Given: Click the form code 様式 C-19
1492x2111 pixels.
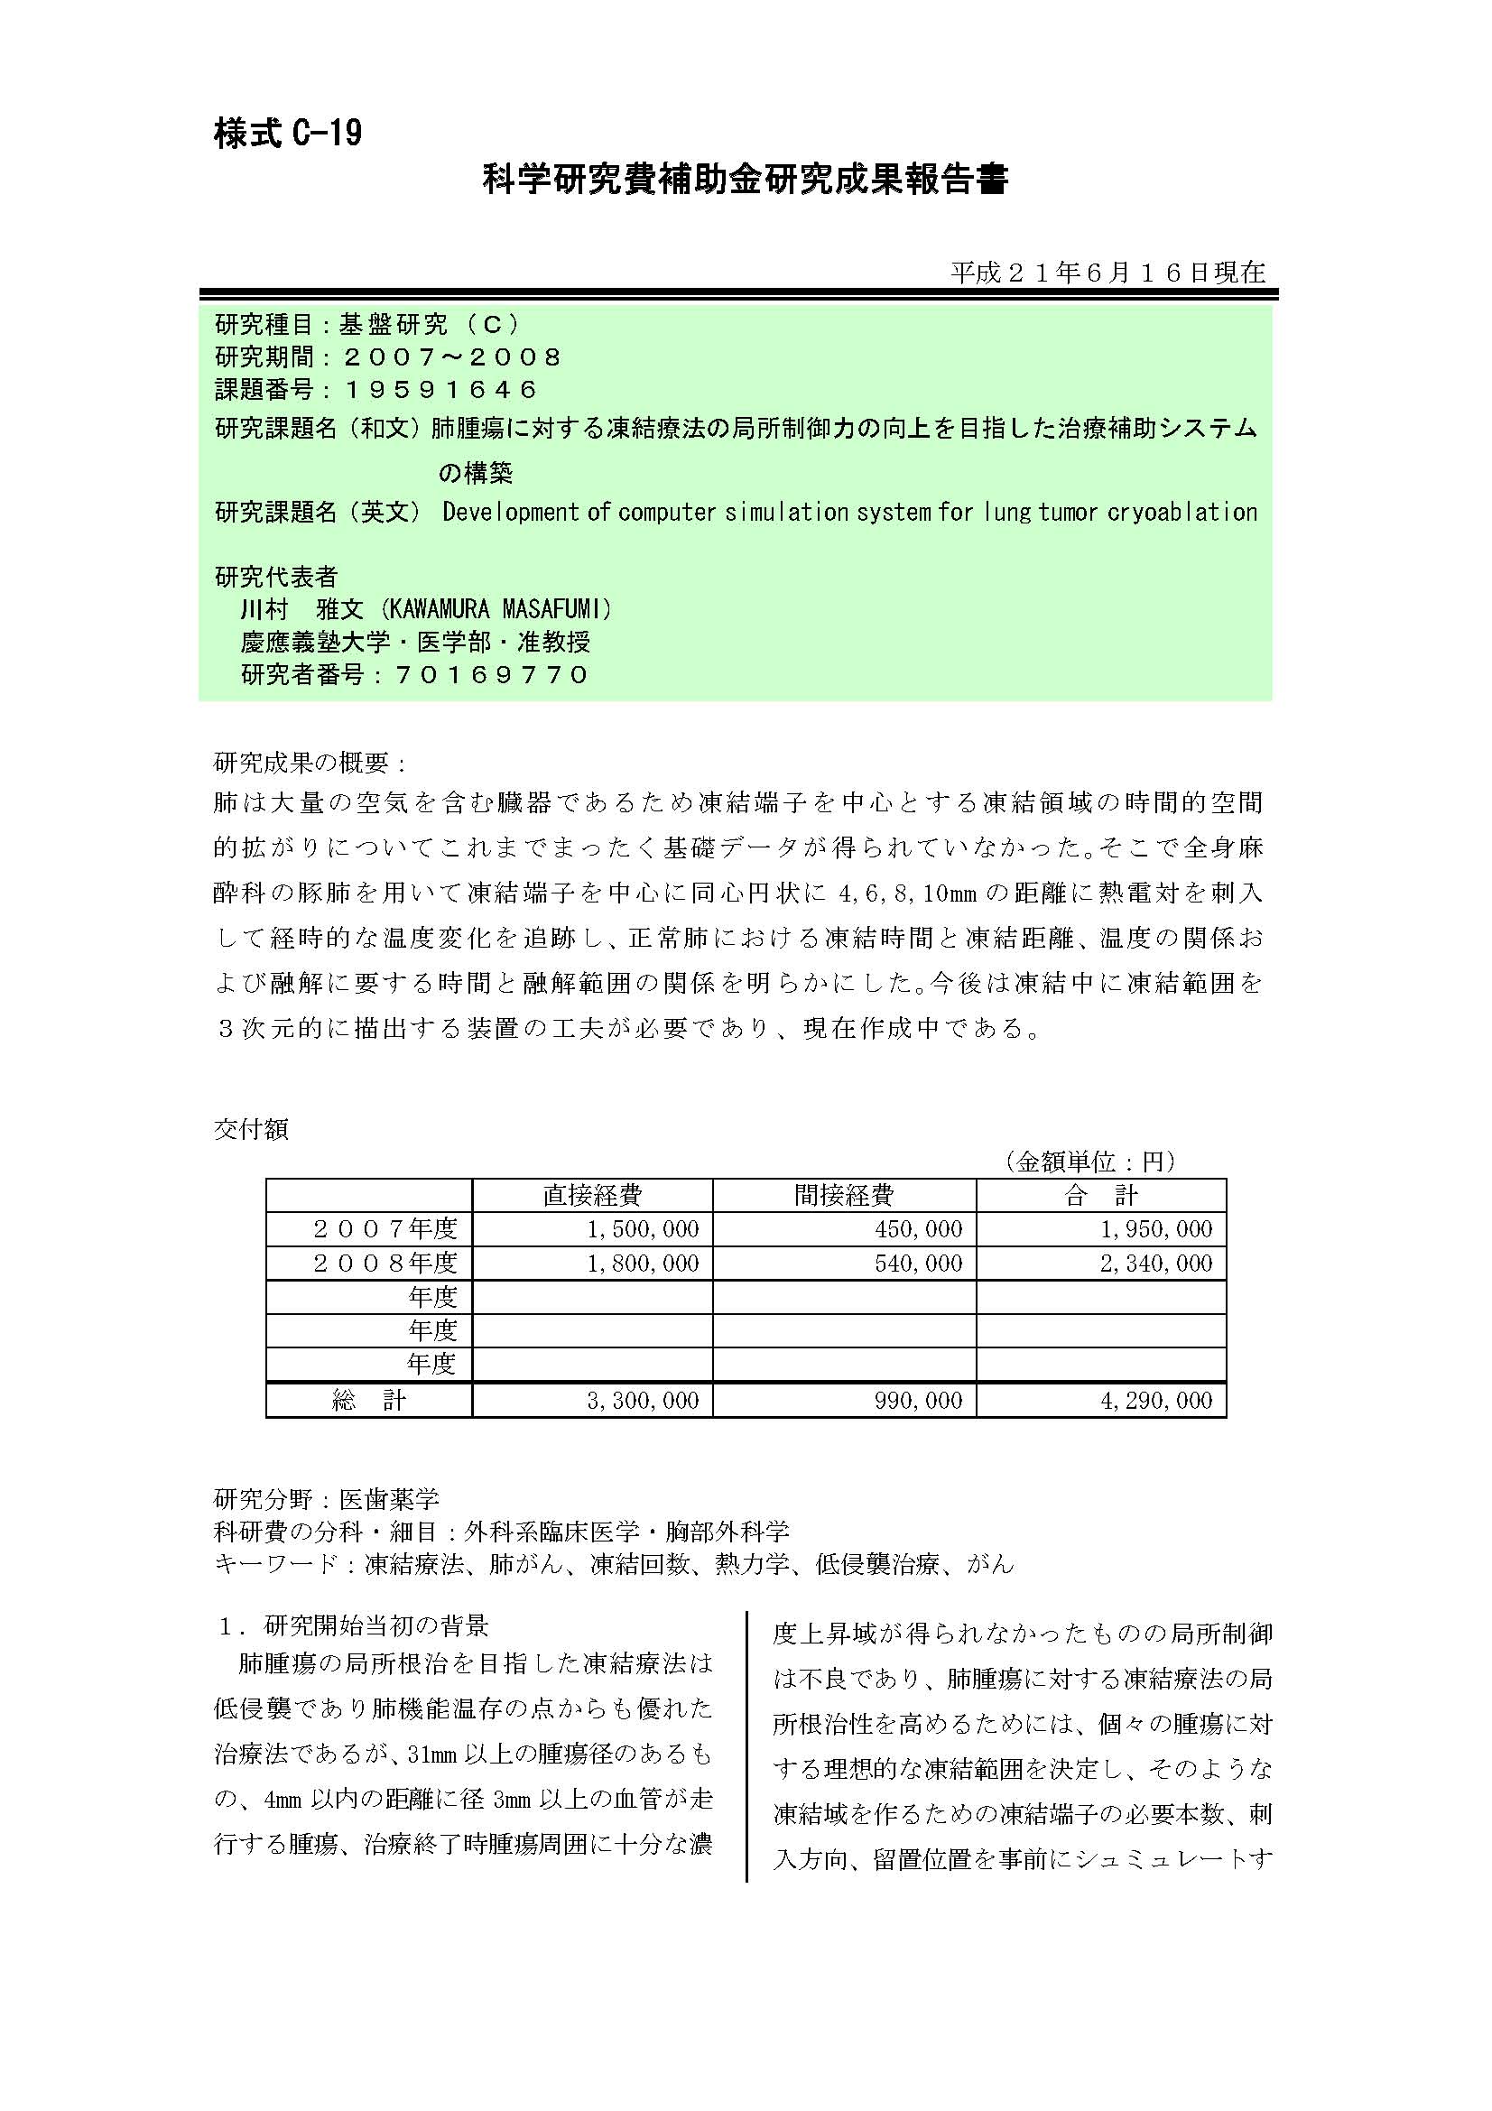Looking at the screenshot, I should point(288,134).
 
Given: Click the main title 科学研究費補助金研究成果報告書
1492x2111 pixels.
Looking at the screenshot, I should point(745,181).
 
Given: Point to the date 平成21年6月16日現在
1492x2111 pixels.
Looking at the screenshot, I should point(1107,273).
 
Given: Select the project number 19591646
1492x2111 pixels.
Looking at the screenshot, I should point(440,390).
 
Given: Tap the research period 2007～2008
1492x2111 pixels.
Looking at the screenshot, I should point(451,356).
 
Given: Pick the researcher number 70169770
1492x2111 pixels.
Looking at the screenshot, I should point(492,675).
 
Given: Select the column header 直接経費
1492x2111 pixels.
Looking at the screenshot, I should point(592,1195).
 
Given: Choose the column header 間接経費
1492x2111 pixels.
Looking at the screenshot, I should point(844,1195).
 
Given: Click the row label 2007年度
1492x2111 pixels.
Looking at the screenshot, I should point(385,1229).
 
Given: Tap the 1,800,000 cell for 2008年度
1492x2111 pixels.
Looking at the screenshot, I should point(643,1264).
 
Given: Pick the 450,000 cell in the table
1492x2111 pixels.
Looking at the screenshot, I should point(918,1229).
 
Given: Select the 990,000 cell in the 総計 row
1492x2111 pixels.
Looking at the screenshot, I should point(918,1401).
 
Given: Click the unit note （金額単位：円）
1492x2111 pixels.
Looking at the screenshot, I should point(1090,1162).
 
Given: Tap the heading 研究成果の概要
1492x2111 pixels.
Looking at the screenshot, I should point(310,763).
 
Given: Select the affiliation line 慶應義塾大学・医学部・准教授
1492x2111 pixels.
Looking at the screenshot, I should point(415,642).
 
